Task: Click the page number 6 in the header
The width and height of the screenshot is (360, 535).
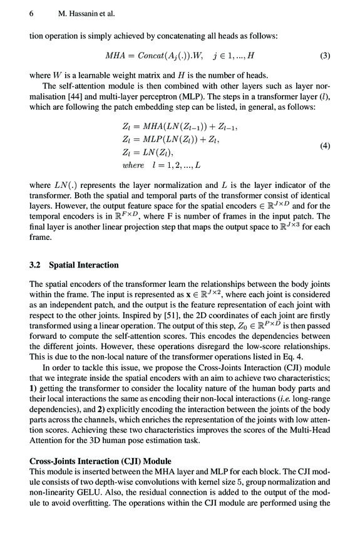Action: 31,12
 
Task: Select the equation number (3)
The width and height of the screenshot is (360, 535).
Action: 324,55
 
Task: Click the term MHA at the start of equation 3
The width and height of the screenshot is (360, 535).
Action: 116,55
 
